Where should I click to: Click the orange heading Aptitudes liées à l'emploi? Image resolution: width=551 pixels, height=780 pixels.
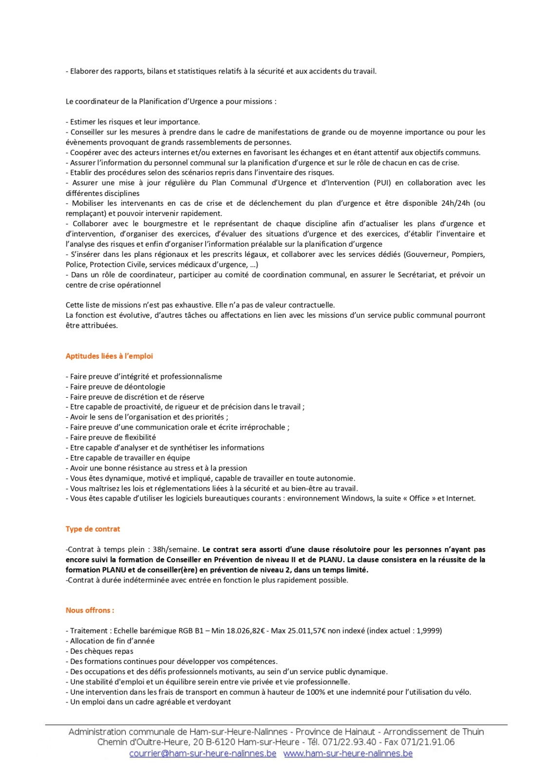[x=109, y=356]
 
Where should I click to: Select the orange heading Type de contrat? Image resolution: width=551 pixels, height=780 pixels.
[x=93, y=529]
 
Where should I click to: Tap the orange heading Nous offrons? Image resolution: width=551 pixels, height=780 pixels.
[x=90, y=610]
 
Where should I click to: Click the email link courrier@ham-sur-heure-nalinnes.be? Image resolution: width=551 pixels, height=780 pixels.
[x=203, y=754]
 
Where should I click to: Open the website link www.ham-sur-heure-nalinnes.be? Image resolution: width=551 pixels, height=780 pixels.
[x=348, y=754]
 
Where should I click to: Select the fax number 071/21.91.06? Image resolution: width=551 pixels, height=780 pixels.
[x=428, y=742]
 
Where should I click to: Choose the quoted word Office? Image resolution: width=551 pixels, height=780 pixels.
[x=419, y=499]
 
